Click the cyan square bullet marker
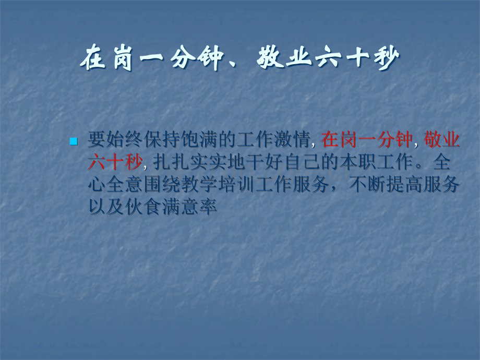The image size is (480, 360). (74, 141)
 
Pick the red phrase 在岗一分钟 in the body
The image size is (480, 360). (367, 140)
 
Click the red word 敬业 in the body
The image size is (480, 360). (442, 140)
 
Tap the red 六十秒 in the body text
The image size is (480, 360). (115, 162)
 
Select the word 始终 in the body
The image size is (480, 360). (125, 140)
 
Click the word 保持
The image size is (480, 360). (162, 140)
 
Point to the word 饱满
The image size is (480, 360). (199, 140)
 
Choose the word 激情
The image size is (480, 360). (292, 140)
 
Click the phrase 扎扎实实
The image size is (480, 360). (190, 162)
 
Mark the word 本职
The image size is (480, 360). (357, 162)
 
